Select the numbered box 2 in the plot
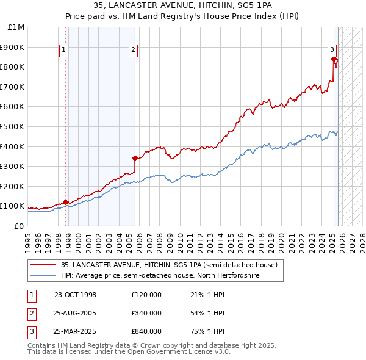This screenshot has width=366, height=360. coord(133,51)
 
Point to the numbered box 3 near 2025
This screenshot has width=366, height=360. coord(332,51)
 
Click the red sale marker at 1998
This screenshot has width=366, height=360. coord(66,202)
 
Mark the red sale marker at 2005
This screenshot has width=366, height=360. coord(135,158)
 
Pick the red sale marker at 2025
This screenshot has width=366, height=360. coord(334,59)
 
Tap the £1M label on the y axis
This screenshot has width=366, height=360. coord(16,27)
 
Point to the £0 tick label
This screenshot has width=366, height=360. coord(18,226)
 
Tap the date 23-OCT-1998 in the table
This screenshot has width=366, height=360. coord(75,295)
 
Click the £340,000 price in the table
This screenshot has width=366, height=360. coord(146,313)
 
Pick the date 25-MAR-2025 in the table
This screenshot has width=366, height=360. coord(75,331)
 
